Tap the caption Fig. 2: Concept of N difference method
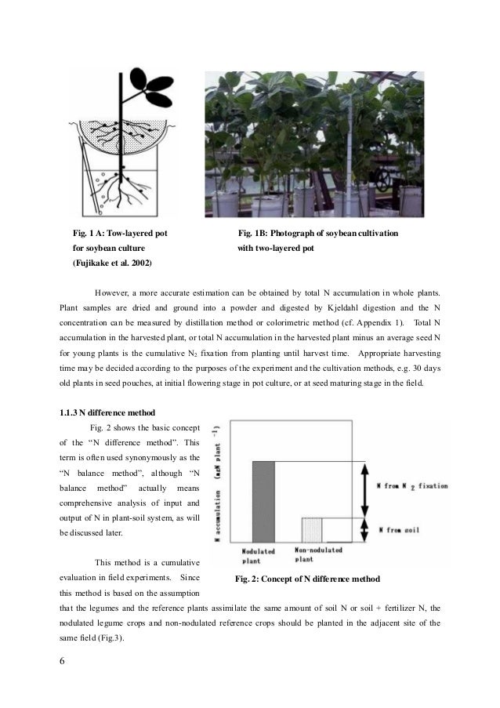pos(307,579)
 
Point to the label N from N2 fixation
pos(412,486)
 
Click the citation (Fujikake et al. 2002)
pos(113,261)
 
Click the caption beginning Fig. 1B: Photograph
pos(317,233)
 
